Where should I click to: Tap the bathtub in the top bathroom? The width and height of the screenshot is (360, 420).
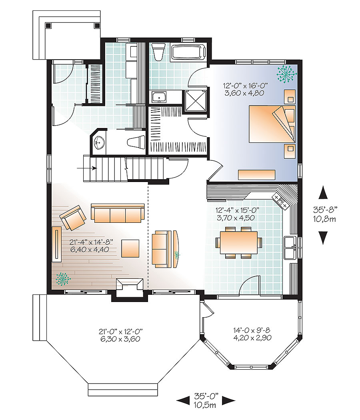pyautogui.click(x=188, y=52)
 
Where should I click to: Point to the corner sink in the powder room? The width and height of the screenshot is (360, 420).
pyautogui.click(x=99, y=142)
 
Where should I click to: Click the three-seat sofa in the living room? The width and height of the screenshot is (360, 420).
pyautogui.click(x=118, y=213)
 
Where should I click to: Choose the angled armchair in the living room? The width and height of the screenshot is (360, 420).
pyautogui.click(x=73, y=218)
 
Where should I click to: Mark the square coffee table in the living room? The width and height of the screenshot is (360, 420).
pyautogui.click(x=130, y=248)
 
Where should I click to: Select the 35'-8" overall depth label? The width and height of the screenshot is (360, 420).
pyautogui.click(x=324, y=208)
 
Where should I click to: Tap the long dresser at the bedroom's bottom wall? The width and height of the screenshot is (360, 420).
pyautogui.click(x=256, y=175)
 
